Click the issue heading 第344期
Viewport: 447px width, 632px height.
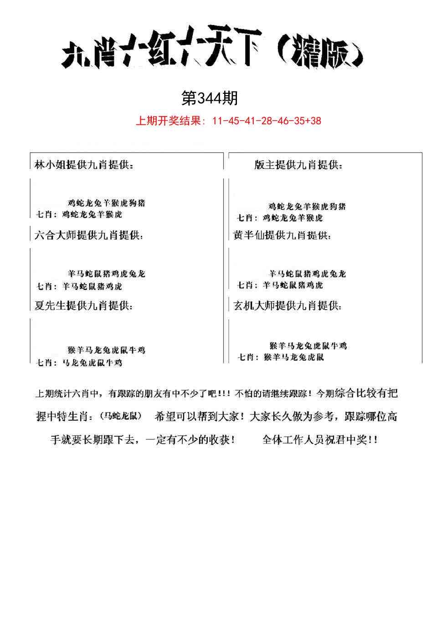210,97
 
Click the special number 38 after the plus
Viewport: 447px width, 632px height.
315,121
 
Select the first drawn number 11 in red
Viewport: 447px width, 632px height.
219,121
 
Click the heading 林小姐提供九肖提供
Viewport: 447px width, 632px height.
84,165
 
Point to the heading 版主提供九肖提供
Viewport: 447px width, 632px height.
298,165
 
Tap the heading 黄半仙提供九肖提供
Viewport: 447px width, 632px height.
283,235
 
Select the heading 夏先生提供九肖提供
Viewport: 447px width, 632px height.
84,306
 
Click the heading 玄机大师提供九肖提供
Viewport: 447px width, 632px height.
288,306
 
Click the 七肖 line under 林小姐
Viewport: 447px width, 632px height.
80,214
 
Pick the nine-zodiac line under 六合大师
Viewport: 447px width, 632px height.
107,274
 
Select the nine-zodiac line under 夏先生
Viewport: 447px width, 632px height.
106,350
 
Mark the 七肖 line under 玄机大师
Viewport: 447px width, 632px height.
281,357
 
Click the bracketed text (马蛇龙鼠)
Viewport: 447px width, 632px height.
120,416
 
